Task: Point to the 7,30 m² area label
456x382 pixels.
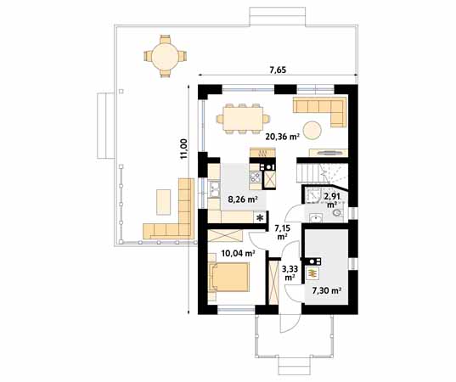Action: click(x=327, y=290)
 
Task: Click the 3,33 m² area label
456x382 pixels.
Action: click(x=290, y=272)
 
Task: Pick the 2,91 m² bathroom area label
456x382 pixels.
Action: click(x=332, y=199)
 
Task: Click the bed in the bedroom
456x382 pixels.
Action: click(x=229, y=278)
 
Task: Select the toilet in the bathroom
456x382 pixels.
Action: click(x=338, y=213)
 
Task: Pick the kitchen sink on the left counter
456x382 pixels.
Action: click(x=214, y=188)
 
